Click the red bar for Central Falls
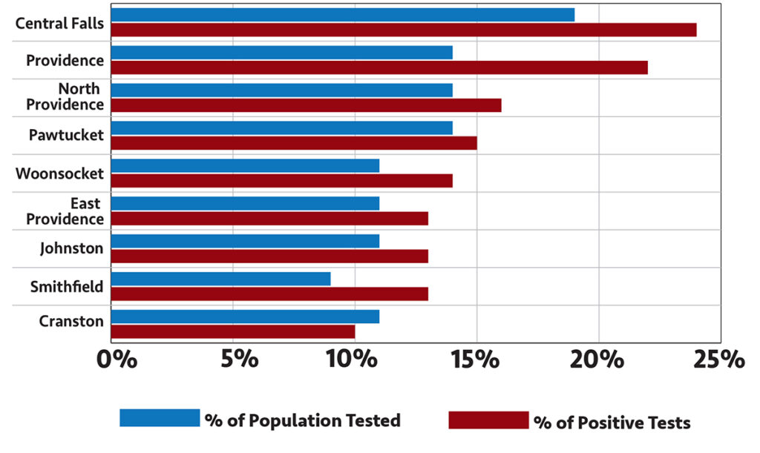tap(404, 30)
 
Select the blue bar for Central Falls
tap(343, 15)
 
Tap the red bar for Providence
tap(379, 67)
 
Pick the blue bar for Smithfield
tap(221, 279)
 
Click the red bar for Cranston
tap(233, 331)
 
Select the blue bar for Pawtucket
tap(282, 128)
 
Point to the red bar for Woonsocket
tap(282, 181)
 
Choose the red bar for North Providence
tap(307, 105)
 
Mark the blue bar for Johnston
tap(246, 241)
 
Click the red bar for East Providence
tap(270, 219)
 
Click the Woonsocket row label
tap(59, 173)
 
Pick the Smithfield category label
tap(66, 286)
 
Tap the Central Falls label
tap(59, 23)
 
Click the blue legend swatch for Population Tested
tap(160, 418)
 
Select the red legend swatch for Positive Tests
tap(488, 420)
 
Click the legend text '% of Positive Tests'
tap(612, 423)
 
